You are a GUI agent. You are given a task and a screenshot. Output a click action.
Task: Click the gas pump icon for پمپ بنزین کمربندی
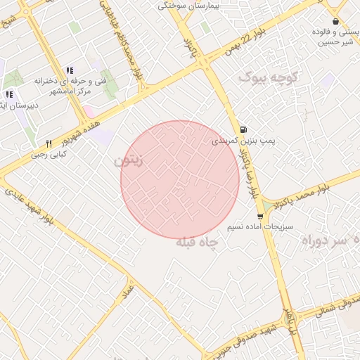243,129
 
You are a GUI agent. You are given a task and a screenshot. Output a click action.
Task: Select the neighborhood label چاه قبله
197,243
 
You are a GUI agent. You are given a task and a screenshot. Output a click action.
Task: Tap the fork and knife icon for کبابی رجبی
49,143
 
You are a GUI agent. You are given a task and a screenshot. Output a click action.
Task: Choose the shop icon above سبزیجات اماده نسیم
260,216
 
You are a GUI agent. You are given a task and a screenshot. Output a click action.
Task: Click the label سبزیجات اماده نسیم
260,228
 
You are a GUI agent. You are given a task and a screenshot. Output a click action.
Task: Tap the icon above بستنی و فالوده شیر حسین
335,21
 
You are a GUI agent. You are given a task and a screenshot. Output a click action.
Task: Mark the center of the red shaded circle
180,179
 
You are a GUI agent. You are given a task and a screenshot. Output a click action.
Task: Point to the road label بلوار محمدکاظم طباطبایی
131,46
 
